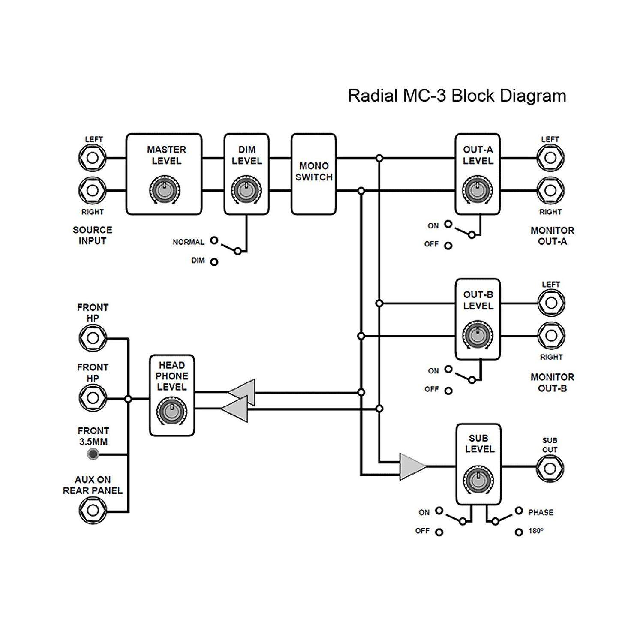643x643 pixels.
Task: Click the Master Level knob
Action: tap(165, 190)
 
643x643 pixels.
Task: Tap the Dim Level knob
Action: tap(246, 190)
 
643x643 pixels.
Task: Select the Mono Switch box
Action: tap(313, 174)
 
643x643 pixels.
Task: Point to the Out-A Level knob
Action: tap(477, 190)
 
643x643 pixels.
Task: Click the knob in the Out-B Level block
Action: tap(477, 334)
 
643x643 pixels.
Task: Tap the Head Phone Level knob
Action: tap(171, 411)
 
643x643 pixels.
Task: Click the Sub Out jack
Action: tap(550, 468)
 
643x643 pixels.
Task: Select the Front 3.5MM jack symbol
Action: tap(93, 454)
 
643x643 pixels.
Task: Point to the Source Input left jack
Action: tap(93, 158)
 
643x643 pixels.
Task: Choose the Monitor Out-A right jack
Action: tap(550, 190)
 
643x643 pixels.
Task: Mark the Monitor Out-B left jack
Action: tap(551, 303)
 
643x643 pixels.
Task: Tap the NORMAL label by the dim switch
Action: tap(189, 242)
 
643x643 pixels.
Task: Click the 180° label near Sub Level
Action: tap(536, 531)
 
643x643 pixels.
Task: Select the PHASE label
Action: tap(541, 512)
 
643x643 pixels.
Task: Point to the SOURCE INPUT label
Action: tap(92, 235)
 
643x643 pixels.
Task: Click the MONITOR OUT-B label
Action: tap(552, 383)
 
